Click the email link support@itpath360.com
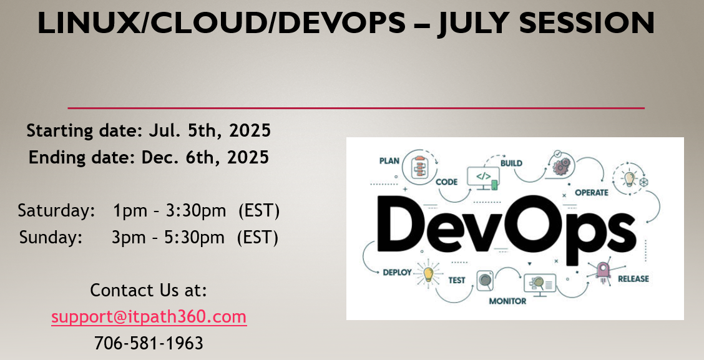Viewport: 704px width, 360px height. point(149,317)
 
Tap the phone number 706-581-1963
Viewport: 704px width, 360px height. point(149,343)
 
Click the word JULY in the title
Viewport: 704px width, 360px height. point(473,23)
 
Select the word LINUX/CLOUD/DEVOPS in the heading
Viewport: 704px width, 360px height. point(222,23)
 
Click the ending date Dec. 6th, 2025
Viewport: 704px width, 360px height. point(205,158)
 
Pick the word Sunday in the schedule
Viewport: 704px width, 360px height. point(51,237)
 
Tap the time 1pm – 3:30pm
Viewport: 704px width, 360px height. point(169,210)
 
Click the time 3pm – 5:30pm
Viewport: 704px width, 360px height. point(168,237)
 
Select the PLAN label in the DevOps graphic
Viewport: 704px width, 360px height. point(389,161)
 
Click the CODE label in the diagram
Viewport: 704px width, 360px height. point(447,182)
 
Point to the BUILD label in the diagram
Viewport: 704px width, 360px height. point(511,163)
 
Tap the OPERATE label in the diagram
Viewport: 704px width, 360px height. point(592,193)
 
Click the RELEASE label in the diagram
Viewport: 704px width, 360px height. point(633,279)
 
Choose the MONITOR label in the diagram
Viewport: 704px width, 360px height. point(508,301)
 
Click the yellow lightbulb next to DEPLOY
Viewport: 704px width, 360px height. point(428,273)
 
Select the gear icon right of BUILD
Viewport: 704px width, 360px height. point(561,165)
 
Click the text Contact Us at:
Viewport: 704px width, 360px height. point(149,290)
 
